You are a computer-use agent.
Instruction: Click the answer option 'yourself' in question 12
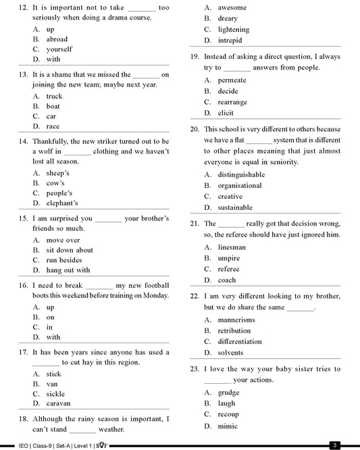[x=59, y=49]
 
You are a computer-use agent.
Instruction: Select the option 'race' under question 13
[x=53, y=126]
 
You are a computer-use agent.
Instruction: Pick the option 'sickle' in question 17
[x=55, y=394]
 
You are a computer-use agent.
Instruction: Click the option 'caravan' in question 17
[x=58, y=403]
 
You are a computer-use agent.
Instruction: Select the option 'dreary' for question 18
[x=228, y=18]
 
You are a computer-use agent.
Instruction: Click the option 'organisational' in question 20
[x=239, y=185]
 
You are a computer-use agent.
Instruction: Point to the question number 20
[x=195, y=129]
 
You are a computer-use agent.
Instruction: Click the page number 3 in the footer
[x=334, y=445]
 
